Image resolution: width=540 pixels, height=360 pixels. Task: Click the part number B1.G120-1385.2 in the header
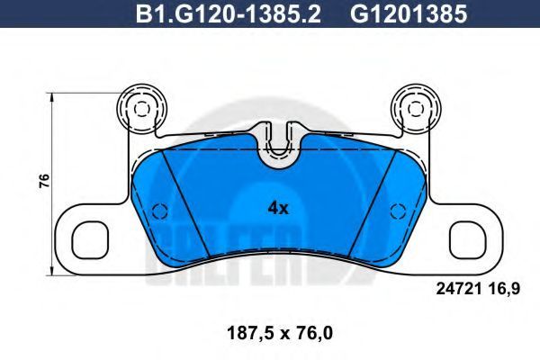pyautogui.click(x=228, y=14)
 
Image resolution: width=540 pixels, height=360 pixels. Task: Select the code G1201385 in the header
pyautogui.click(x=409, y=14)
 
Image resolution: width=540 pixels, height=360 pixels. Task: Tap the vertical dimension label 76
pyautogui.click(x=44, y=181)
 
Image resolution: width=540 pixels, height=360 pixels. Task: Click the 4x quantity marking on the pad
pyautogui.click(x=278, y=208)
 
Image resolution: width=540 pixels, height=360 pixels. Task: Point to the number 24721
pyautogui.click(x=459, y=289)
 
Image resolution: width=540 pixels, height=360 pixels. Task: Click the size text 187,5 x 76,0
pyautogui.click(x=280, y=333)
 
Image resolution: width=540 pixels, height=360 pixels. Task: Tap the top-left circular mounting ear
pyautogui.click(x=141, y=107)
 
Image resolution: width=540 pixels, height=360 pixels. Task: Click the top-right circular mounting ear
pyautogui.click(x=417, y=107)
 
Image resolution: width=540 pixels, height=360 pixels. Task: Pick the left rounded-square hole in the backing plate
pyautogui.click(x=91, y=240)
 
